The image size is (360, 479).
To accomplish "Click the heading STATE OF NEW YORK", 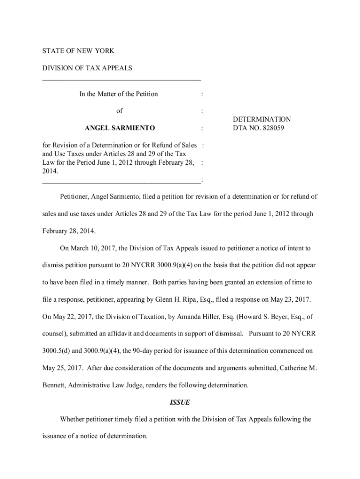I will click(78, 51).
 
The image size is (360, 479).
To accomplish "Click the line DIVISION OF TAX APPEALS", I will click(87, 68).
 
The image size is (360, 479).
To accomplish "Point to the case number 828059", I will click(271, 128).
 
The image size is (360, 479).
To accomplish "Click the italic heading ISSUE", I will click(180, 402).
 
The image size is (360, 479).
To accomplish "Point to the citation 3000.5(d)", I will click(59, 350).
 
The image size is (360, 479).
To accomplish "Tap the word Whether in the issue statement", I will click(73, 419).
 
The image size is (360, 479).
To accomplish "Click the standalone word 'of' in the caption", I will click(119, 111).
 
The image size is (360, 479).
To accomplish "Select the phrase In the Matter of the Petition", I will click(119, 94).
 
